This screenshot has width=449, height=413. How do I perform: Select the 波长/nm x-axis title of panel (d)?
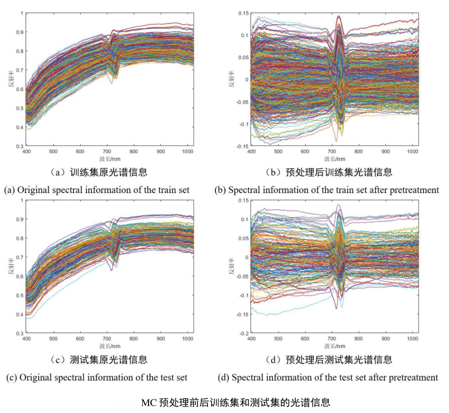[x=335, y=346]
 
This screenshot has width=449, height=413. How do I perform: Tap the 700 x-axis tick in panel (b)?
[x=332, y=152]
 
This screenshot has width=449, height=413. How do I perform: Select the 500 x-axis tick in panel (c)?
[x=54, y=340]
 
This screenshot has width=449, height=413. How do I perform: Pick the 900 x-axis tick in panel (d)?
[x=386, y=340]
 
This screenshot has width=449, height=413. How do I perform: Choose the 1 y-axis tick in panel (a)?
[x=21, y=13]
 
